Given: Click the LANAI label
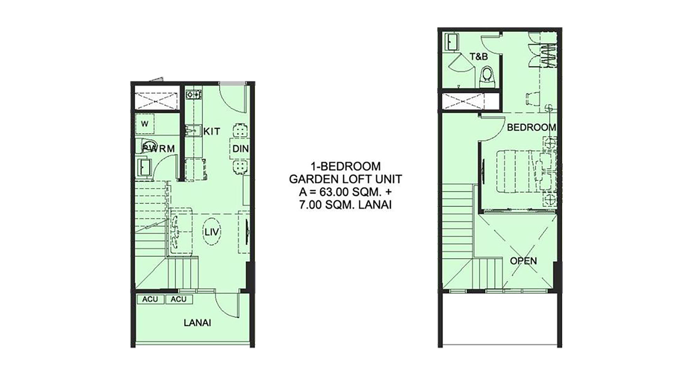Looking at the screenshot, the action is (197, 323).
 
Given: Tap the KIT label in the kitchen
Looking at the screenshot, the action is (212, 132).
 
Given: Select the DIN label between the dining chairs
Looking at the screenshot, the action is (240, 149).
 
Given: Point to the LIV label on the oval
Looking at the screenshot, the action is (212, 231).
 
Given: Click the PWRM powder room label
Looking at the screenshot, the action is (158, 149).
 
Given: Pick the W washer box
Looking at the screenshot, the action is (145, 124).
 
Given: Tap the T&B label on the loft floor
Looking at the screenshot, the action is (479, 56).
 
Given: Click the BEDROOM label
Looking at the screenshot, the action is (531, 127).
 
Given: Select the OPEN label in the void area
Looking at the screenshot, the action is (523, 261).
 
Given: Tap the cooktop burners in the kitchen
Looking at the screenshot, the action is (193, 94).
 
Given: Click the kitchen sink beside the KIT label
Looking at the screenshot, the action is (193, 131).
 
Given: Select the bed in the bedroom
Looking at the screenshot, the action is (526, 171).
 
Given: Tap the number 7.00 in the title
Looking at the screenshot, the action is (310, 205).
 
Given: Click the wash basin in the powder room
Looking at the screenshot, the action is (143, 167).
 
